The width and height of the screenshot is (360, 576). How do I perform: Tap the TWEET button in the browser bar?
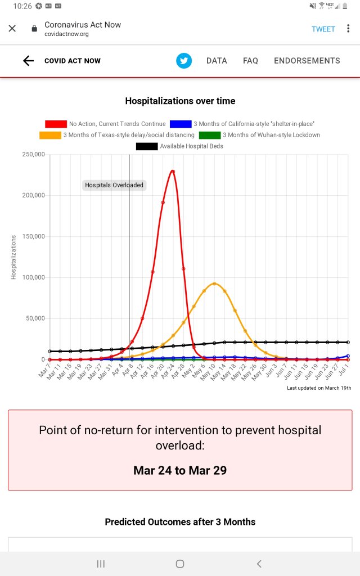click(x=323, y=29)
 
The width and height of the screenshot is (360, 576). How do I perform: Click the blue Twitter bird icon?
click(x=184, y=61)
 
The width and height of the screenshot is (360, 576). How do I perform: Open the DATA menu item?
click(x=217, y=61)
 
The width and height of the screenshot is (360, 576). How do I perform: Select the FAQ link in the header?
click(x=250, y=61)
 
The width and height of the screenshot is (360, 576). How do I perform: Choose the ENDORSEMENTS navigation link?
click(x=307, y=61)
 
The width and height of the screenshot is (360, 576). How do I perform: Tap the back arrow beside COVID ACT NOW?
click(x=28, y=61)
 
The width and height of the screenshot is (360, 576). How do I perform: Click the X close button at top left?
click(x=12, y=29)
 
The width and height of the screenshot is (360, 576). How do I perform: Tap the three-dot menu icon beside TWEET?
click(x=349, y=29)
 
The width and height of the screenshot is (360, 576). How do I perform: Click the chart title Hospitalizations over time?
click(x=180, y=101)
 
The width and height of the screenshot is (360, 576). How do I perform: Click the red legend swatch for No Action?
click(x=56, y=124)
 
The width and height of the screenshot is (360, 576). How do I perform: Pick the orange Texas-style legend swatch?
click(x=49, y=135)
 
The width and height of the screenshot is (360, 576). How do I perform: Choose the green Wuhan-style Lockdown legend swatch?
click(x=210, y=135)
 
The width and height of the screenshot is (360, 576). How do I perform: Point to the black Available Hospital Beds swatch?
click(x=147, y=146)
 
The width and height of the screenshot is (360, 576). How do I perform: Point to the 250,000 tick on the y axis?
click(x=33, y=155)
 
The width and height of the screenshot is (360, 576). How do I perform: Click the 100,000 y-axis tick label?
click(x=33, y=278)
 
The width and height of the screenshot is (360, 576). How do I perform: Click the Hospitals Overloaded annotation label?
click(x=114, y=185)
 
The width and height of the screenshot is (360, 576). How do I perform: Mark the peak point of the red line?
click(x=173, y=171)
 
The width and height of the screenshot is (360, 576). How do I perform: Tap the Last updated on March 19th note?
click(x=319, y=388)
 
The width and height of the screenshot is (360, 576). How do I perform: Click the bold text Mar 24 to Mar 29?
click(x=180, y=470)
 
